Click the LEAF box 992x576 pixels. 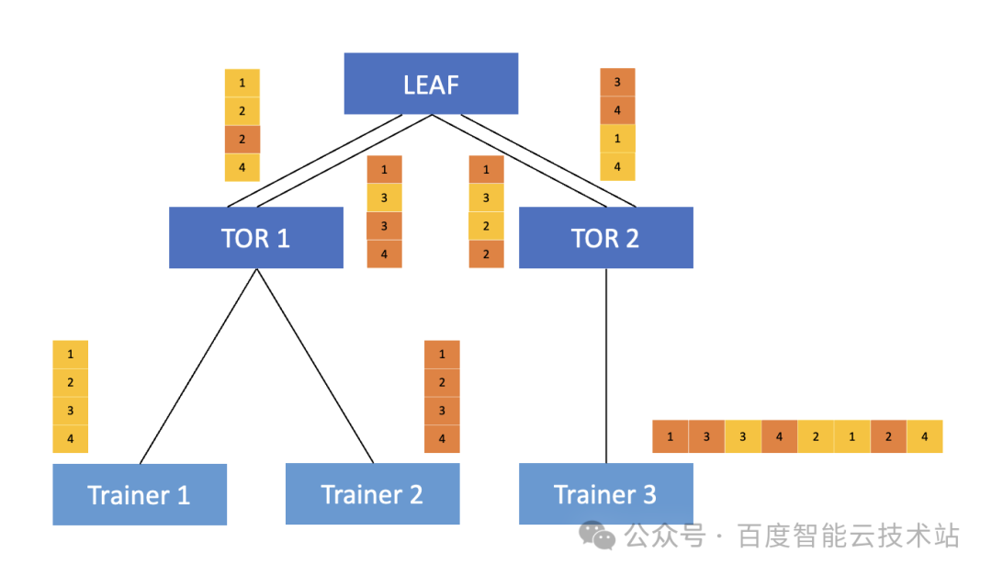(x=431, y=84)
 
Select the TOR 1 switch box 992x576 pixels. (x=255, y=238)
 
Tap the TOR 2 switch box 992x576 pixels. (x=605, y=238)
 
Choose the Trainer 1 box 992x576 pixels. (x=139, y=494)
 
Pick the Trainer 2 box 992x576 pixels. (x=372, y=494)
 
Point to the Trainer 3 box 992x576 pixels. (x=605, y=494)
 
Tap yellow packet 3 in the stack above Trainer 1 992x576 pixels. (x=71, y=411)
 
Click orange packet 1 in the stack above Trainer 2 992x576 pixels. (x=442, y=355)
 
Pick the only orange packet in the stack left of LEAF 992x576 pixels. (x=242, y=140)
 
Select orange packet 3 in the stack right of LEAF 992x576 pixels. (x=617, y=83)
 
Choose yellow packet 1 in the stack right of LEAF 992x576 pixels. (x=617, y=139)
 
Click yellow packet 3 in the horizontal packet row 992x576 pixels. (x=742, y=436)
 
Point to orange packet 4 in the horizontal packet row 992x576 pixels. (x=779, y=436)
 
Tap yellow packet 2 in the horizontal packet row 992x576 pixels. (x=815, y=436)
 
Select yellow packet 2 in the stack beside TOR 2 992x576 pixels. (x=486, y=226)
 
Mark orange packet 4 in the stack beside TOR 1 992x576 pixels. (x=384, y=254)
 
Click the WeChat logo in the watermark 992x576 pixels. (x=598, y=536)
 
